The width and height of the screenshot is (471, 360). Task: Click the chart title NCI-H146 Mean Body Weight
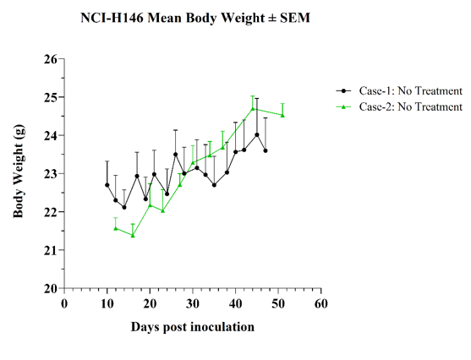pyautogui.click(x=173, y=18)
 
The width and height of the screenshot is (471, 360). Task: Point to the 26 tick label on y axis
pyautogui.click(x=50, y=59)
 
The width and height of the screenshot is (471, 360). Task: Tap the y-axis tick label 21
pyautogui.click(x=50, y=250)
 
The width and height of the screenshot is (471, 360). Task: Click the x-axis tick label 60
pyautogui.click(x=321, y=303)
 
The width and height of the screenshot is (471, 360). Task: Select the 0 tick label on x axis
pyautogui.click(x=64, y=303)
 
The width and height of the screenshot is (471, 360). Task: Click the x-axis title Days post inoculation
pyautogui.click(x=193, y=327)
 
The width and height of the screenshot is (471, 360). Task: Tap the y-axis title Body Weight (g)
pyautogui.click(x=19, y=171)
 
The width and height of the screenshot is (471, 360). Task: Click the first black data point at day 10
pyautogui.click(x=107, y=185)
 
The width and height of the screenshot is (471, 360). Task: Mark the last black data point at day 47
pyautogui.click(x=266, y=150)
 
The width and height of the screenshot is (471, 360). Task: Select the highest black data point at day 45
pyautogui.click(x=257, y=135)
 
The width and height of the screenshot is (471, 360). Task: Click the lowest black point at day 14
pyautogui.click(x=124, y=208)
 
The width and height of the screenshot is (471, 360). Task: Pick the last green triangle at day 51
pyautogui.click(x=282, y=116)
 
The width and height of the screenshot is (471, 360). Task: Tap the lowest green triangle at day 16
pyautogui.click(x=133, y=236)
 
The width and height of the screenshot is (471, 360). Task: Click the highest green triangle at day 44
pyautogui.click(x=253, y=109)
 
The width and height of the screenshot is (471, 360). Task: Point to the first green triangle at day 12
pyautogui.click(x=116, y=228)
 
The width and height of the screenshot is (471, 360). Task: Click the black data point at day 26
pyautogui.click(x=176, y=155)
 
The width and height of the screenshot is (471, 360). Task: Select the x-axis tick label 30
pyautogui.click(x=193, y=303)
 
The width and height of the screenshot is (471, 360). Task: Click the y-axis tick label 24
pyautogui.click(x=50, y=135)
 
